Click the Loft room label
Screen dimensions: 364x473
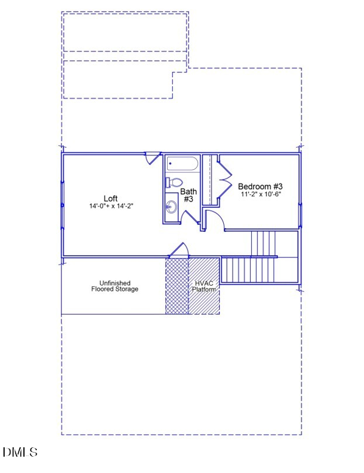(110, 198)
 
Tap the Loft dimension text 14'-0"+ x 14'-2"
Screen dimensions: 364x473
(111, 206)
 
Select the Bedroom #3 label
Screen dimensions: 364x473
(260, 186)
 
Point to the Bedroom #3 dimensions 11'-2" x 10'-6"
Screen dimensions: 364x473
(261, 194)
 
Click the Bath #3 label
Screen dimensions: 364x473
(188, 195)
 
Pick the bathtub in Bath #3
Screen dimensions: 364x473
(183, 164)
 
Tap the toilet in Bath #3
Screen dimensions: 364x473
(174, 183)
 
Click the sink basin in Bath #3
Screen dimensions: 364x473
(171, 207)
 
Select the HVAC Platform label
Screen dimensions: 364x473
(204, 286)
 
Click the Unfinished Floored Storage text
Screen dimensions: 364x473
(115, 286)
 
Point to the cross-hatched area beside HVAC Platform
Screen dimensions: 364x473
(177, 286)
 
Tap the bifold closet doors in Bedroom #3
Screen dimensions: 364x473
(225, 179)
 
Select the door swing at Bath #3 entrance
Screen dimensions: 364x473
(190, 217)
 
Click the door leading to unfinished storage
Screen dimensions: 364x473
(179, 250)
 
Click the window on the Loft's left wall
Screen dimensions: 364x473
(63, 205)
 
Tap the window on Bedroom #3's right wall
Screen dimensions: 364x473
(300, 215)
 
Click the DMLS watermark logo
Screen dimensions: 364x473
(20, 452)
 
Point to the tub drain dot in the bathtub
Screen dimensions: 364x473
(170, 164)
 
